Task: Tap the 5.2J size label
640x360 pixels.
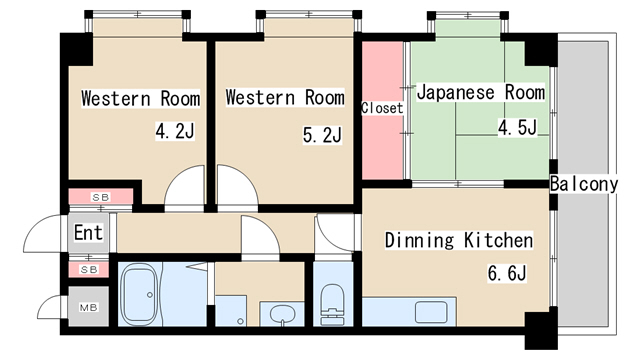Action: point(323,133)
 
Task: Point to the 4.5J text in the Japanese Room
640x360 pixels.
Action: point(517,127)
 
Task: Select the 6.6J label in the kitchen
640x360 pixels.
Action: point(507,272)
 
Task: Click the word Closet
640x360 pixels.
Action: point(381,107)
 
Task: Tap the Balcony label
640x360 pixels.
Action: point(591,184)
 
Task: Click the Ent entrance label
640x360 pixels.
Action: point(89,234)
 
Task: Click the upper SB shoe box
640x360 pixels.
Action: point(101,197)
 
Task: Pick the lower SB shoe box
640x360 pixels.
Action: point(89,269)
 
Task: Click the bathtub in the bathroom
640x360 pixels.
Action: point(149,295)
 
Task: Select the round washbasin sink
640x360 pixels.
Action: point(282,314)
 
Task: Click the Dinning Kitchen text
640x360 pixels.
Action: point(458,241)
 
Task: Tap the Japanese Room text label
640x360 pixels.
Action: point(480,93)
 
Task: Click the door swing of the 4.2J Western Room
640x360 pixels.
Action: point(186,189)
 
